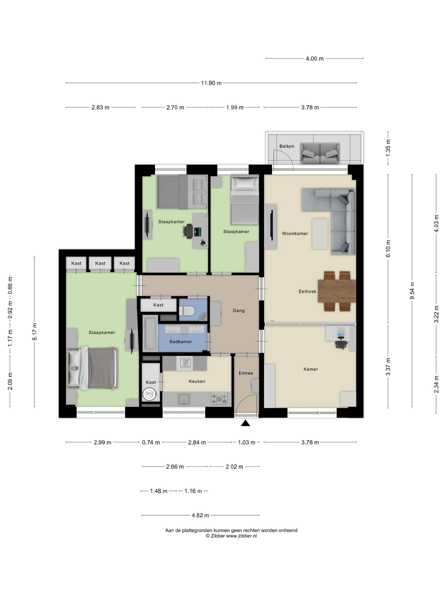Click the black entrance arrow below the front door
click(245, 423)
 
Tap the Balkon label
click(287, 146)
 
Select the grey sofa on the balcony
click(320, 153)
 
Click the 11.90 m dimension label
click(211, 83)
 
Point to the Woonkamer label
click(295, 234)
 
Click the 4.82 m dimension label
click(200, 515)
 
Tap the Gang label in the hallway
click(238, 311)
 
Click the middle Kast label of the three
click(100, 263)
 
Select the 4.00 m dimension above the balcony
click(315, 59)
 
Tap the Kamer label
click(311, 369)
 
